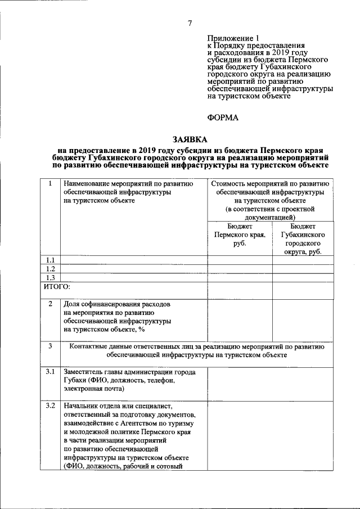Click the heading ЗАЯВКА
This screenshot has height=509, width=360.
[190, 139]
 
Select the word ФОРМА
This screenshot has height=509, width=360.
[223, 118]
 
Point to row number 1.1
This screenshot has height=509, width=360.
[50, 260]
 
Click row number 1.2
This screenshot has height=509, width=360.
[50, 269]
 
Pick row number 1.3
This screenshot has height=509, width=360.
[50, 277]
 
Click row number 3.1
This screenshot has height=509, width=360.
[50, 372]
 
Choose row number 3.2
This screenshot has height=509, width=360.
[50, 405]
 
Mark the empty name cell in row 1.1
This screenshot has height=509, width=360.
[134, 260]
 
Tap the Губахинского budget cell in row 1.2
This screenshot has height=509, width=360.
[303, 269]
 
